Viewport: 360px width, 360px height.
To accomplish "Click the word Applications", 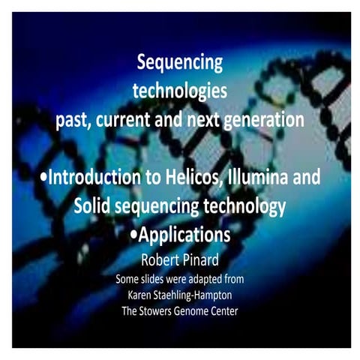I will [x=184, y=235].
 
